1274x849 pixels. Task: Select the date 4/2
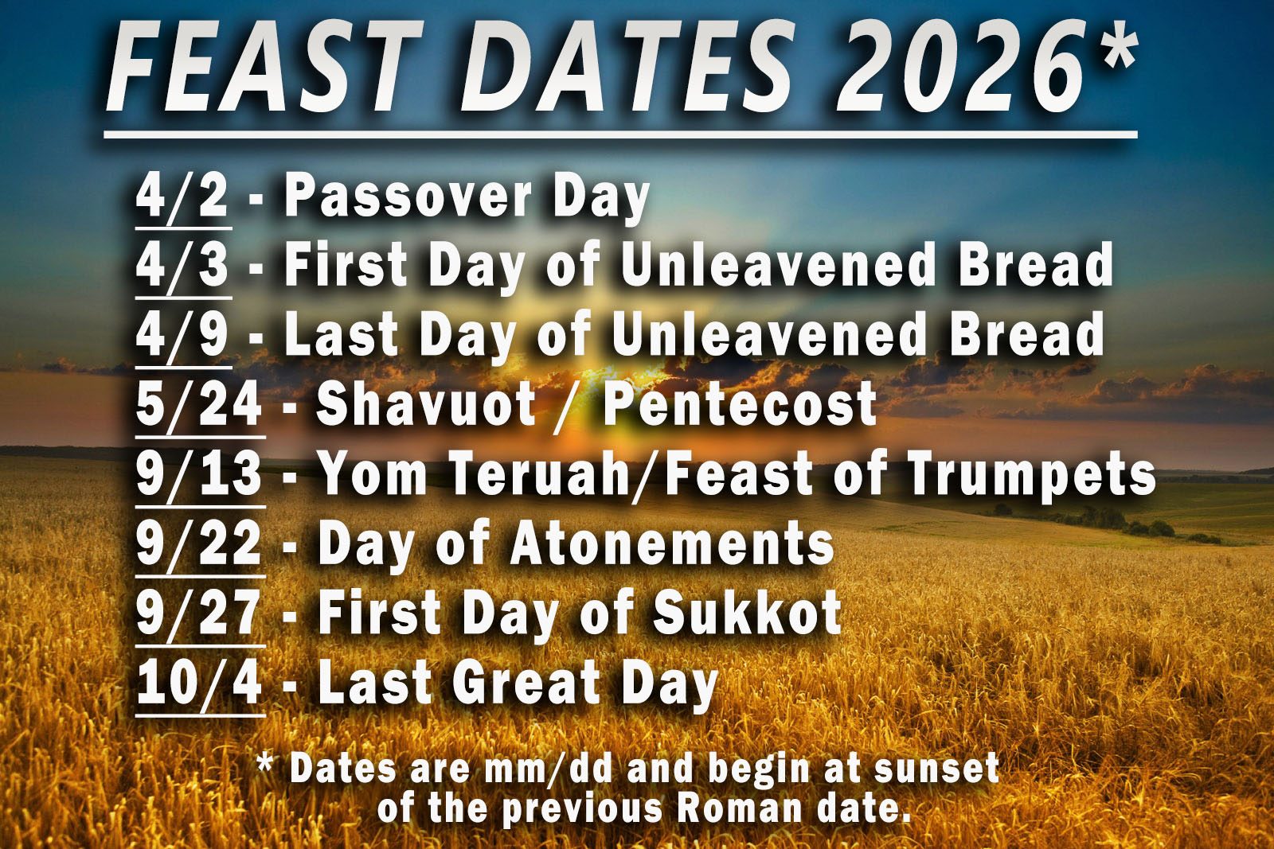[x=182, y=196]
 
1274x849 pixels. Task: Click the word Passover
[x=408, y=196]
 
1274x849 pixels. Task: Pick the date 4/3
[x=182, y=265]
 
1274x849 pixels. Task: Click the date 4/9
[x=182, y=334]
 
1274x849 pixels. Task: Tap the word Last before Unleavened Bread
[x=341, y=334]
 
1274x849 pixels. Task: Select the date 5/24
[x=199, y=404]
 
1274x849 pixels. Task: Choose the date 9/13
[x=199, y=473]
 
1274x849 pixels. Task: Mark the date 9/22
[x=199, y=543]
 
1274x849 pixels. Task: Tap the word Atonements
[x=672, y=543]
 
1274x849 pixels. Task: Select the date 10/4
[x=199, y=682]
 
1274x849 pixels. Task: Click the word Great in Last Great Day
[x=526, y=682]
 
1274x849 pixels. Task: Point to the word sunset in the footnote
[x=936, y=769]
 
